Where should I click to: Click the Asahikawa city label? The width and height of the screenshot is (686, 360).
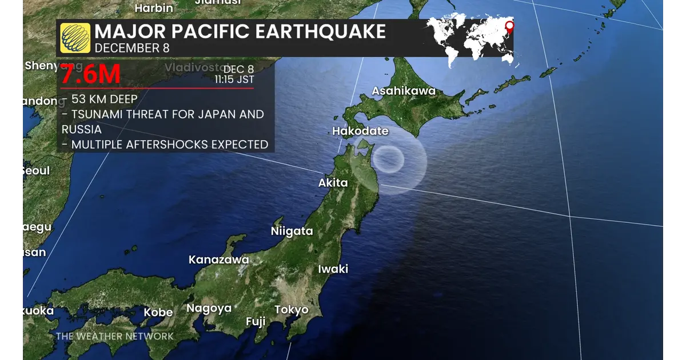(404, 91)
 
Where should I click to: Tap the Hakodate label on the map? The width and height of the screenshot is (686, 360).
(360, 131)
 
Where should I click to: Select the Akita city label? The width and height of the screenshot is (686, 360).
(333, 183)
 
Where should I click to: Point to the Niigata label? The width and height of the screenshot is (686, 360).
(292, 231)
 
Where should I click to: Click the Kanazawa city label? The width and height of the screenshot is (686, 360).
(219, 260)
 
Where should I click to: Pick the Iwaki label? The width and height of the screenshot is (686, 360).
(333, 269)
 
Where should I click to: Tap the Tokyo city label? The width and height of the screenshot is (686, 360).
(292, 310)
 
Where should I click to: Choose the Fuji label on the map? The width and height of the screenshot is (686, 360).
(256, 322)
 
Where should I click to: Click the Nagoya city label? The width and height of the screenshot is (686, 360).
(209, 309)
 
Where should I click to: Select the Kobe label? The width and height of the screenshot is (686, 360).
(158, 313)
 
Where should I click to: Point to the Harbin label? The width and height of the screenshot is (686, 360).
(154, 8)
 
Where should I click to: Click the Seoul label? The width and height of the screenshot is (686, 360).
(36, 171)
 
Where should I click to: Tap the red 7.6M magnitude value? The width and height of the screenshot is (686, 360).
(90, 74)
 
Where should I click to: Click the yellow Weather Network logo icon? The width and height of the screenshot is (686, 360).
(75, 38)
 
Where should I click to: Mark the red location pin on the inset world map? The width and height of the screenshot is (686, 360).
(509, 25)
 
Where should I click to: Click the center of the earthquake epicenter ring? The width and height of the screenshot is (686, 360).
(389, 158)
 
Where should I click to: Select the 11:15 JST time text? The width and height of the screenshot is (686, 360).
(234, 80)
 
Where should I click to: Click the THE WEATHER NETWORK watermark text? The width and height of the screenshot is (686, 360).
(114, 336)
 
